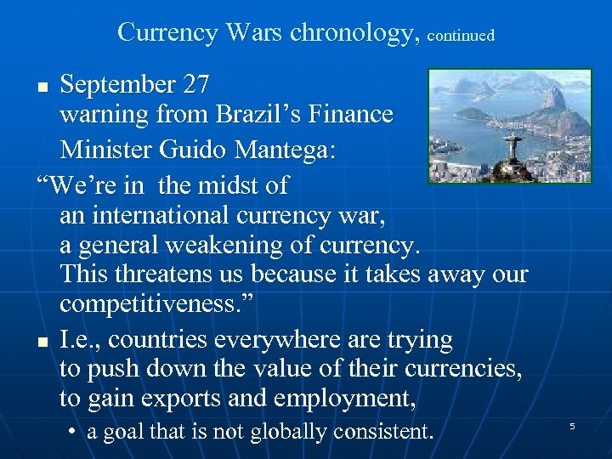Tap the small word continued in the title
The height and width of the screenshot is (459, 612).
[461, 36]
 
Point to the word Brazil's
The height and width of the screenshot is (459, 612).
[267, 114]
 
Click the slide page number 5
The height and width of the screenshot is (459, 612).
[572, 425]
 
